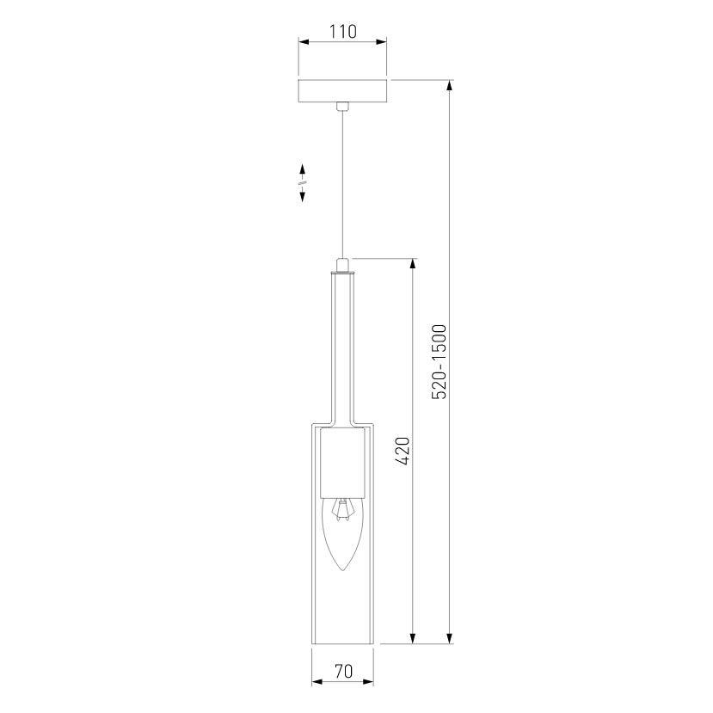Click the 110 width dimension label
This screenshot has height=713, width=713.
(342, 32)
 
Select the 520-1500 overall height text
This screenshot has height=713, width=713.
(439, 361)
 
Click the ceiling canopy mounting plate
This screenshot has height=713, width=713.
(342, 90)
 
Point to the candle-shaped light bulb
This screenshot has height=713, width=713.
(342, 533)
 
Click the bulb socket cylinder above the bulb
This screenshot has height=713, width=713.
(342, 464)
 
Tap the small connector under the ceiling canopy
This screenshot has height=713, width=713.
(342, 107)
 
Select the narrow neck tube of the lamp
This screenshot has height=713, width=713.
(342, 344)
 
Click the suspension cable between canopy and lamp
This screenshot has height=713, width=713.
(342, 181)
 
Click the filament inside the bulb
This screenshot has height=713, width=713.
(342, 509)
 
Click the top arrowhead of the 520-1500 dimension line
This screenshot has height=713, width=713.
(449, 85)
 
